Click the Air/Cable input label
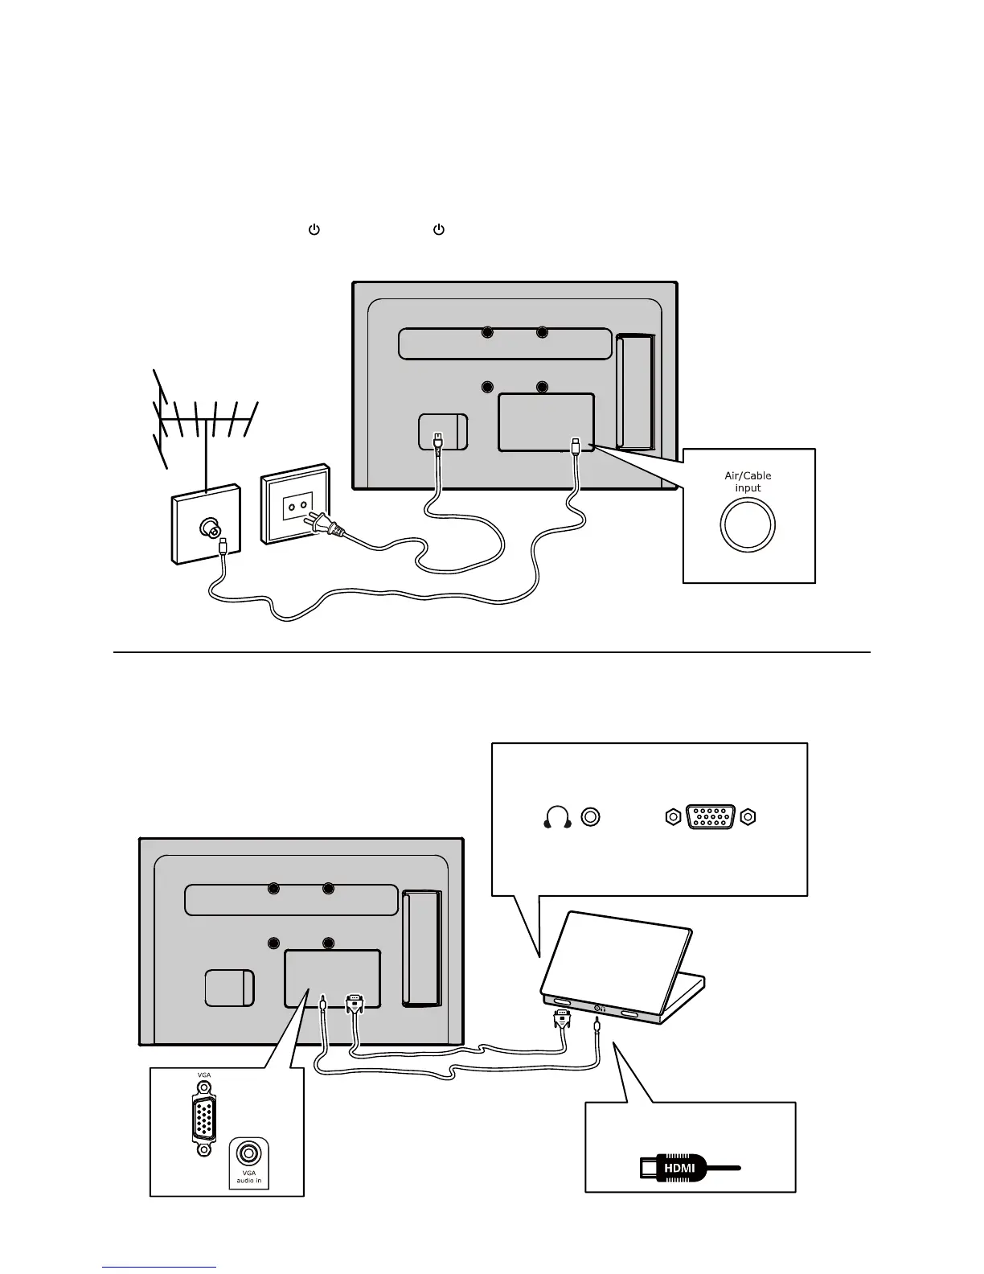[x=748, y=481]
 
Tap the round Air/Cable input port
[x=748, y=525]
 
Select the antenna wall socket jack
[x=212, y=529]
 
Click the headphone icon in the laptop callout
[x=556, y=817]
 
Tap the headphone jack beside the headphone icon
[x=591, y=817]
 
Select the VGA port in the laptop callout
[x=711, y=817]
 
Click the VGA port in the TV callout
[x=204, y=1118]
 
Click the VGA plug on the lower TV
[x=355, y=1004]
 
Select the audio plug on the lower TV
[x=322, y=1005]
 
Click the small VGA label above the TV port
[x=204, y=1075]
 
